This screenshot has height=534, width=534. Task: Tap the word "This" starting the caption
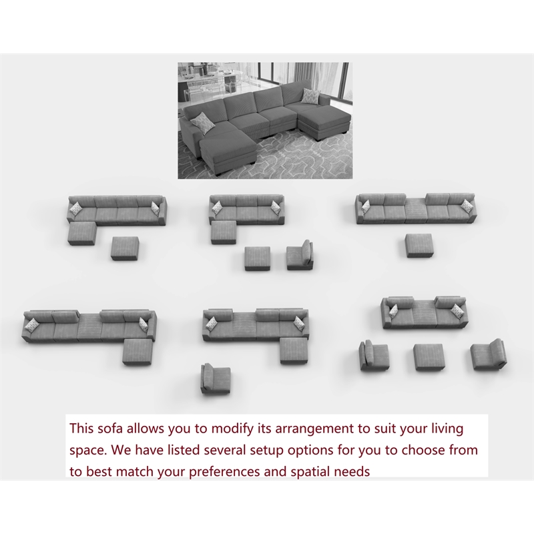[x=84, y=428]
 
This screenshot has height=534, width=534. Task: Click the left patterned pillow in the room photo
[x=200, y=121]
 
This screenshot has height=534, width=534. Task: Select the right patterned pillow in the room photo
[x=310, y=96]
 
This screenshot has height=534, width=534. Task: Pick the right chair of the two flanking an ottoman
[x=488, y=353]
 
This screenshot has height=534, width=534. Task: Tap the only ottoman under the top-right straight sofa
[x=420, y=245]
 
